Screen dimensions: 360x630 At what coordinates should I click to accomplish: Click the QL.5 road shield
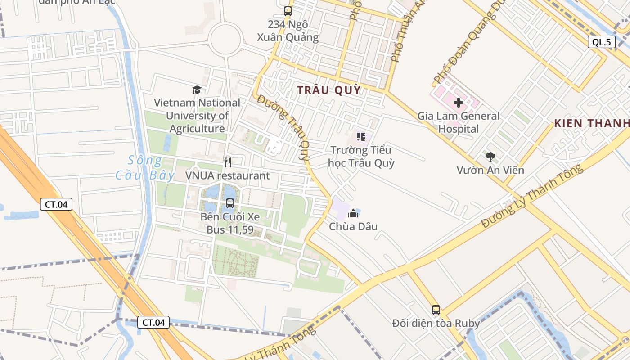click(602, 42)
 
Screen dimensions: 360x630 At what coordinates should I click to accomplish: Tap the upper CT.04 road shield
click(56, 204)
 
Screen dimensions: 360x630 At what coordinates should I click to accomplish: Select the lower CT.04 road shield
click(153, 322)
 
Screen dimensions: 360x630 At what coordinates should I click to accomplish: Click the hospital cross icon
click(459, 103)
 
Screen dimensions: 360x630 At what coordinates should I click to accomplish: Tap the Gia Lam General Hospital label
click(459, 122)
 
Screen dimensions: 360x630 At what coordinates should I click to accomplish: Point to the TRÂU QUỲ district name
click(329, 90)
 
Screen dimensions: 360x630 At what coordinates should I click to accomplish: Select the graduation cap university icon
click(197, 90)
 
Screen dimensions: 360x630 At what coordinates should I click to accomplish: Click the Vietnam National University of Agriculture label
click(197, 116)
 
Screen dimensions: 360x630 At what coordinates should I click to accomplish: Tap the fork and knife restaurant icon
click(228, 162)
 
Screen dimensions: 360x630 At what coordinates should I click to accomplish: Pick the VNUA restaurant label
click(228, 175)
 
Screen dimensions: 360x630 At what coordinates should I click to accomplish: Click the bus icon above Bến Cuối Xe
click(230, 203)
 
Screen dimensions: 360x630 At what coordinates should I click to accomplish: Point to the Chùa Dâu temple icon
click(353, 213)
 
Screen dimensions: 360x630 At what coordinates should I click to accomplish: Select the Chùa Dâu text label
click(353, 226)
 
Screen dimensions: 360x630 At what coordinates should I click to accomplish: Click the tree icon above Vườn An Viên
click(490, 157)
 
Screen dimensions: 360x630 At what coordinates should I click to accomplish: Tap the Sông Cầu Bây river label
click(144, 167)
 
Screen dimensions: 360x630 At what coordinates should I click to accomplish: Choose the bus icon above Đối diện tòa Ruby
click(436, 310)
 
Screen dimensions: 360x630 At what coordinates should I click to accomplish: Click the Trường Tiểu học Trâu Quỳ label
click(361, 156)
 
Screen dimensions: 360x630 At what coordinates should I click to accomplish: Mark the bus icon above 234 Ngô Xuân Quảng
click(288, 11)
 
